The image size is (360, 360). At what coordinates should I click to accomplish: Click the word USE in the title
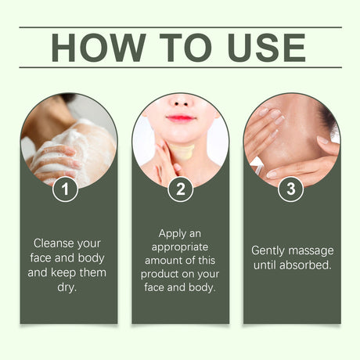point(267,48)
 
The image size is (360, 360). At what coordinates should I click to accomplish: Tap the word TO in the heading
point(185,48)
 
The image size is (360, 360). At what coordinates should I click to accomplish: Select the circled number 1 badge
point(65,189)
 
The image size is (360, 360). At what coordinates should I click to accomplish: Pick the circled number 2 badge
point(180,189)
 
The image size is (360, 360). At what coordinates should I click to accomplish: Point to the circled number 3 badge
point(291,189)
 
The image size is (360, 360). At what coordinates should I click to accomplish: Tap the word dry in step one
point(66,287)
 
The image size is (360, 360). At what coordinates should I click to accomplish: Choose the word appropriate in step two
point(180,247)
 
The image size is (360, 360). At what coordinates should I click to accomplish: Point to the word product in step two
point(157,274)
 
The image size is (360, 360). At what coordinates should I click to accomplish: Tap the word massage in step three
point(311,251)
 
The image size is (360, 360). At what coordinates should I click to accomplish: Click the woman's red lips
point(180,118)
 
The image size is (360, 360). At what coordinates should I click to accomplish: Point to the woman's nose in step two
point(182,101)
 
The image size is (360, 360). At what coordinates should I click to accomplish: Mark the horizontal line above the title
point(180,27)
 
